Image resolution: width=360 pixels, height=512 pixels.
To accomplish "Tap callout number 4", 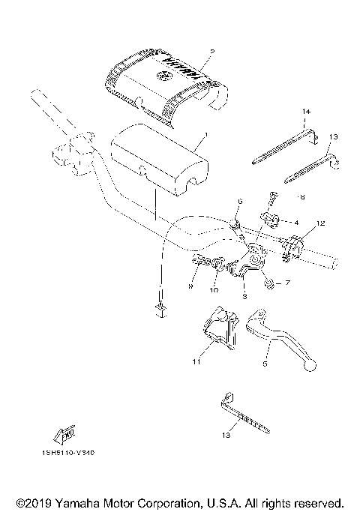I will pos(296,223).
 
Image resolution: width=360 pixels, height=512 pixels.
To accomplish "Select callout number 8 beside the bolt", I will pos(301,198).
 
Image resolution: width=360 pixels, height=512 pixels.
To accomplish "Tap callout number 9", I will pos(191,286).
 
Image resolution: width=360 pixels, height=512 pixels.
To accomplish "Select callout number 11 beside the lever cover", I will pos(196,361).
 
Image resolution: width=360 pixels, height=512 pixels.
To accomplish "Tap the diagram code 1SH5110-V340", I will pos(63,454).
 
